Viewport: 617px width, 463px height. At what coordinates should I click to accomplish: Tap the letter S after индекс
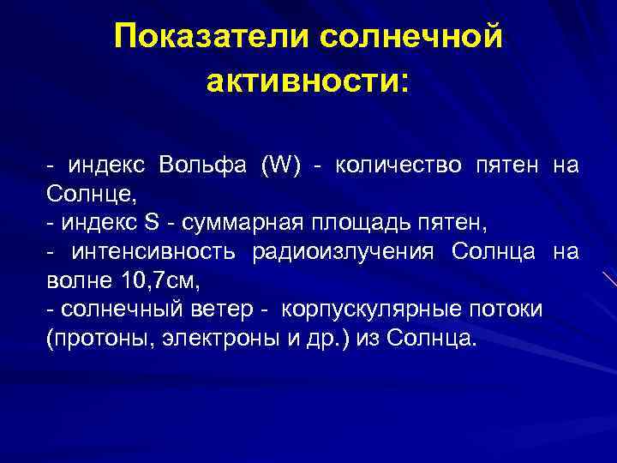pos(152,223)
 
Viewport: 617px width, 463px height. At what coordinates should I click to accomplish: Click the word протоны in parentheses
pos(93,338)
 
